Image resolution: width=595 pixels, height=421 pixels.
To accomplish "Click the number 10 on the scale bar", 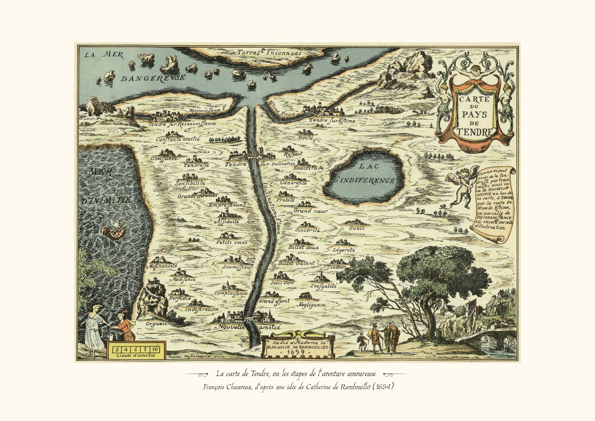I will (159, 346).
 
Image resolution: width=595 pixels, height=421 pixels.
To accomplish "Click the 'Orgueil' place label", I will (156, 323).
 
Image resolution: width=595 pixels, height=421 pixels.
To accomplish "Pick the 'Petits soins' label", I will (231, 242).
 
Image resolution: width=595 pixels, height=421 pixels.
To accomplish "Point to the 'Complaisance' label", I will (231, 293).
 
